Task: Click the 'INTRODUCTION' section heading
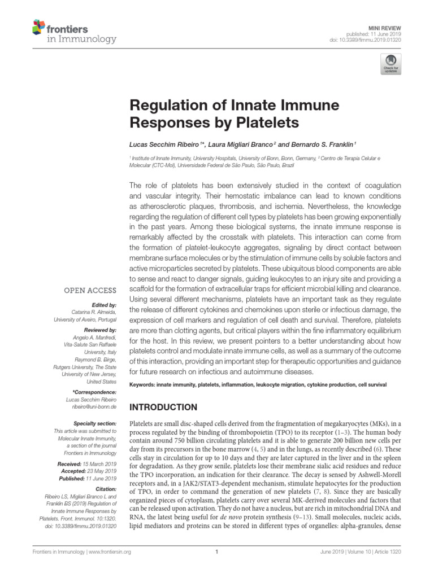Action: (x=164, y=407)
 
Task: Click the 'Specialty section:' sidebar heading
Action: (x=95, y=423)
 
